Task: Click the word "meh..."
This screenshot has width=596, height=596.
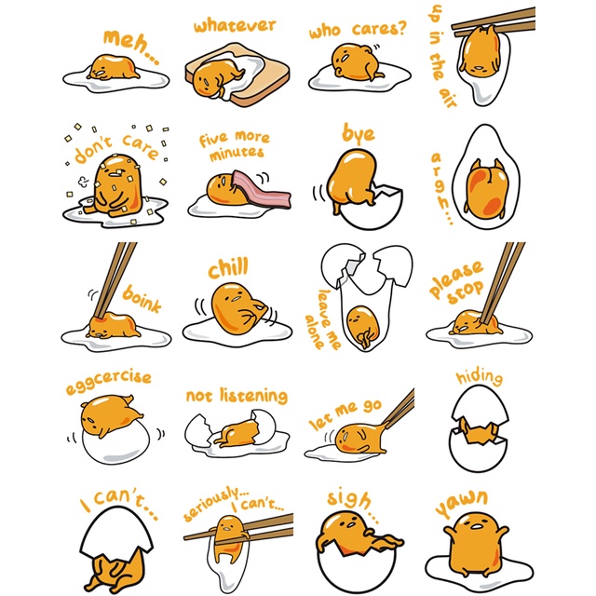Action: pyautogui.click(x=131, y=47)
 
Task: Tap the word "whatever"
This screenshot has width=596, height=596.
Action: pyautogui.click(x=235, y=25)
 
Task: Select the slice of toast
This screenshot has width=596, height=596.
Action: pyautogui.click(x=237, y=74)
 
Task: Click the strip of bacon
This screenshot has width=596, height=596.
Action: pyautogui.click(x=263, y=189)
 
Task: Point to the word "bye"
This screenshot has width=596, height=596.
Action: pyautogui.click(x=358, y=134)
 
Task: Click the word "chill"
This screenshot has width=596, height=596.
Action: pyautogui.click(x=228, y=267)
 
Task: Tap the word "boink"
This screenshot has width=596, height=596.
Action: pyautogui.click(x=142, y=299)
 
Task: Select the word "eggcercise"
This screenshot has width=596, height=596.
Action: pyautogui.click(x=109, y=382)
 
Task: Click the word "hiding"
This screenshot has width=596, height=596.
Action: pyautogui.click(x=480, y=376)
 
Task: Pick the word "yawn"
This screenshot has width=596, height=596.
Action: pyautogui.click(x=462, y=503)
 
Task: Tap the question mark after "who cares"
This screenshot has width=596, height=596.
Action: pyautogui.click(x=400, y=27)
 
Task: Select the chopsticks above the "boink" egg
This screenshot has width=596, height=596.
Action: pyautogui.click(x=115, y=279)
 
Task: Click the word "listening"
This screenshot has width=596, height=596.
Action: pyautogui.click(x=253, y=396)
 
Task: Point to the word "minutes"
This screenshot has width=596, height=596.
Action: pyautogui.click(x=236, y=153)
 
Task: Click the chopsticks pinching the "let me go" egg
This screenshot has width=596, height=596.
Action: pyautogui.click(x=400, y=406)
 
